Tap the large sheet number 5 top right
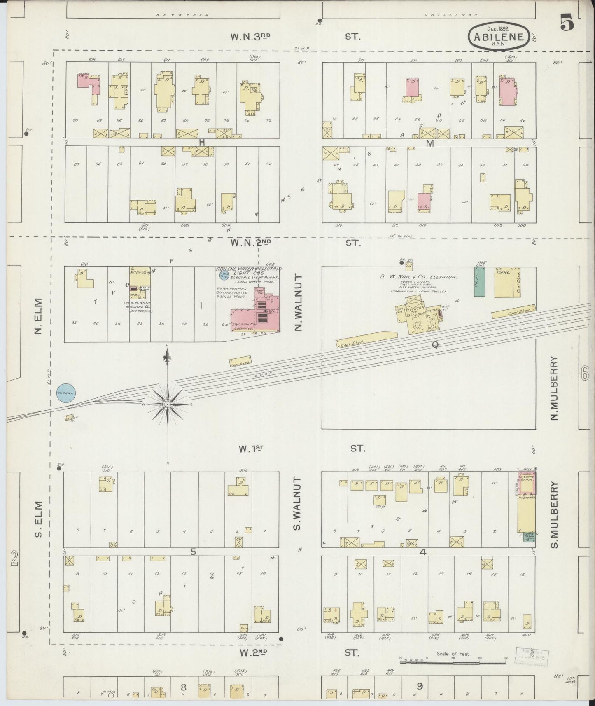[567, 24]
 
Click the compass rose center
[168, 405]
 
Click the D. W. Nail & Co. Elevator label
[418, 277]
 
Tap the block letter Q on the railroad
[435, 345]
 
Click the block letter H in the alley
[202, 142]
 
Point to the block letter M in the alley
[430, 143]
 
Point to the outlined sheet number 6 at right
[585, 374]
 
